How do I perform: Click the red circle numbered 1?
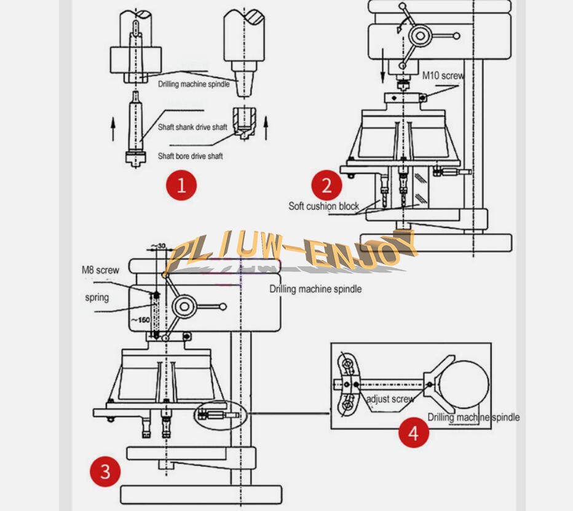point(181,184)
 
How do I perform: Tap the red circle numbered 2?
point(326,184)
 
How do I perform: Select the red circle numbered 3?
point(106,471)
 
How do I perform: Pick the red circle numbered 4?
point(413,432)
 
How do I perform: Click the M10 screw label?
point(443,76)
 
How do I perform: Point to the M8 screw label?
point(100,269)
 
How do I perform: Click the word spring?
point(97,298)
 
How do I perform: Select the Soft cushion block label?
point(323,206)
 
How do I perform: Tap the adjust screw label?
point(390,399)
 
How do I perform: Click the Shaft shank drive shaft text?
point(192,127)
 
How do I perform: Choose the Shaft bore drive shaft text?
point(190,156)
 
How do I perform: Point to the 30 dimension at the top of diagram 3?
point(162,247)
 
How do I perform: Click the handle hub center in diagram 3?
point(184,306)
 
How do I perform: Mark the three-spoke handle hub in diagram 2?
point(419,36)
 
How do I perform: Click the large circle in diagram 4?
point(465,383)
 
